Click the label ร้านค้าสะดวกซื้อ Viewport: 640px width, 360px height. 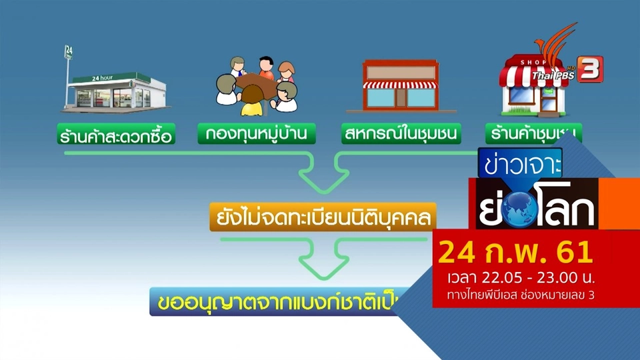pyautogui.click(x=115, y=137)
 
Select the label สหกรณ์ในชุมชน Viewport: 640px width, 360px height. pyautogui.click(x=401, y=136)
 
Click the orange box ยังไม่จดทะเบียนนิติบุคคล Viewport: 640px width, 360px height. pyautogui.click(x=323, y=217)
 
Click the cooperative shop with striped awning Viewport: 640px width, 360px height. pyautogui.click(x=401, y=85)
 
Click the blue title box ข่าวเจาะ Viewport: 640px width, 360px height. pyautogui.click(x=520, y=162)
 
